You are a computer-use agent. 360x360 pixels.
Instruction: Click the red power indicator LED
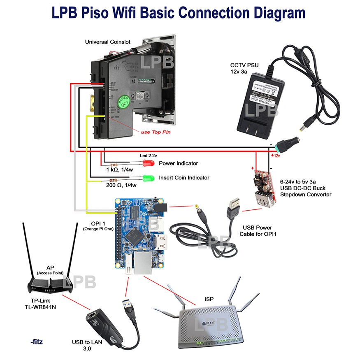[x=147, y=163]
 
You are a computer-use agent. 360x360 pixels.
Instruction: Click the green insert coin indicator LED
[x=147, y=178]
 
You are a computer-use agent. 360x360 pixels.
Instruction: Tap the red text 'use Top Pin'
[x=155, y=132]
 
